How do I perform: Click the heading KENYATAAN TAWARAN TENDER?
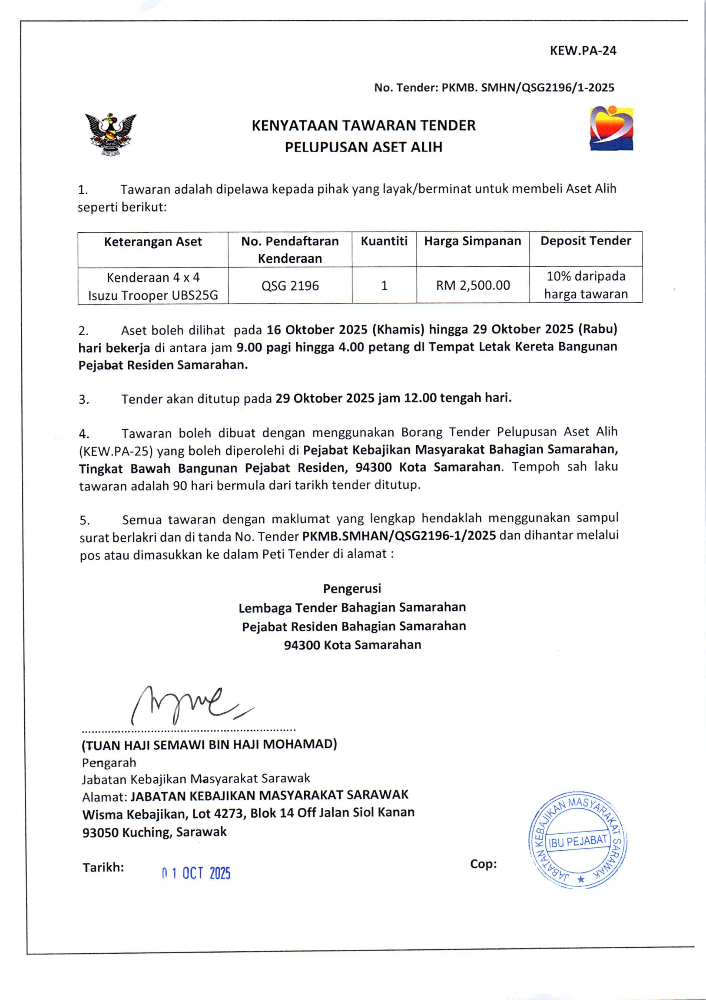pyautogui.click(x=364, y=125)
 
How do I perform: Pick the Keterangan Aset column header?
pyautogui.click(x=153, y=242)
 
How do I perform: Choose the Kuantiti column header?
pyautogui.click(x=384, y=241)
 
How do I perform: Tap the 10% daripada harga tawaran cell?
pyautogui.click(x=586, y=285)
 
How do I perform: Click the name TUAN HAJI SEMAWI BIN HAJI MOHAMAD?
pyautogui.click(x=209, y=744)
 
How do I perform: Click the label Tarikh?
pyautogui.click(x=103, y=868)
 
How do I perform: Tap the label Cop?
pyautogui.click(x=483, y=864)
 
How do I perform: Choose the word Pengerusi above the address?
pyautogui.click(x=352, y=589)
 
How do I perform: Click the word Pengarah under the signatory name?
pyautogui.click(x=109, y=763)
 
